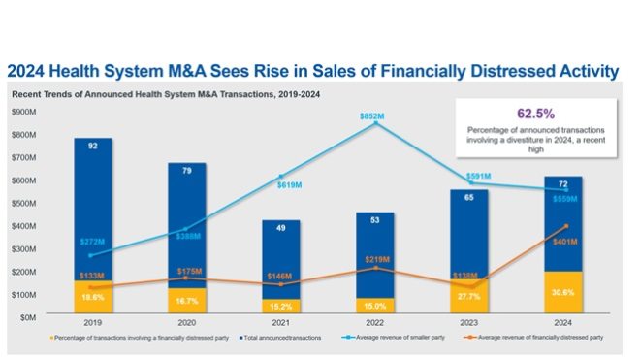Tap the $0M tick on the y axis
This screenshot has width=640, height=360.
(29, 317)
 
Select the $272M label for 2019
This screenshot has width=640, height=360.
(91, 240)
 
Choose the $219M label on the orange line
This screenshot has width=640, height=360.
(374, 259)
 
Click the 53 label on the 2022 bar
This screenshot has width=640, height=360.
(374, 221)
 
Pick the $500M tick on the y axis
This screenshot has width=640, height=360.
(25, 203)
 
